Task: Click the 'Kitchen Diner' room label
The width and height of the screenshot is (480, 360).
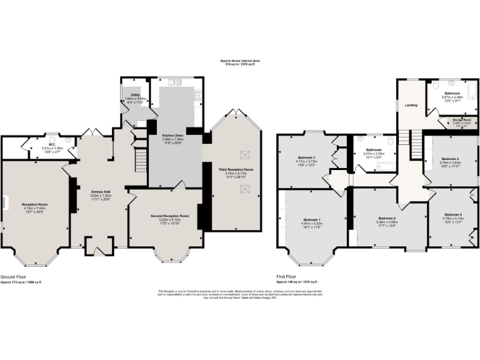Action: pos(172,134)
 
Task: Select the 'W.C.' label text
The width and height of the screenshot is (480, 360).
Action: pos(36,146)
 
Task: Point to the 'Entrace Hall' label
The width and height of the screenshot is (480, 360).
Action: pos(101,192)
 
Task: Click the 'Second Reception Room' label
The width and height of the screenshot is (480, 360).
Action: pos(165,216)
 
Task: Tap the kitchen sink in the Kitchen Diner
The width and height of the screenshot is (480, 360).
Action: pos(173,82)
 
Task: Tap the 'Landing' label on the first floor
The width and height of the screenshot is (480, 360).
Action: pos(411,105)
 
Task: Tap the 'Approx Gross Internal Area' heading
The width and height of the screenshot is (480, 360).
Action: pos(239,61)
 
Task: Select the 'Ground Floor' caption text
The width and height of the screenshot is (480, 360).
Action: pos(12,276)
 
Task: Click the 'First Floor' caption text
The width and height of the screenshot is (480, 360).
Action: pos(287,276)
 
